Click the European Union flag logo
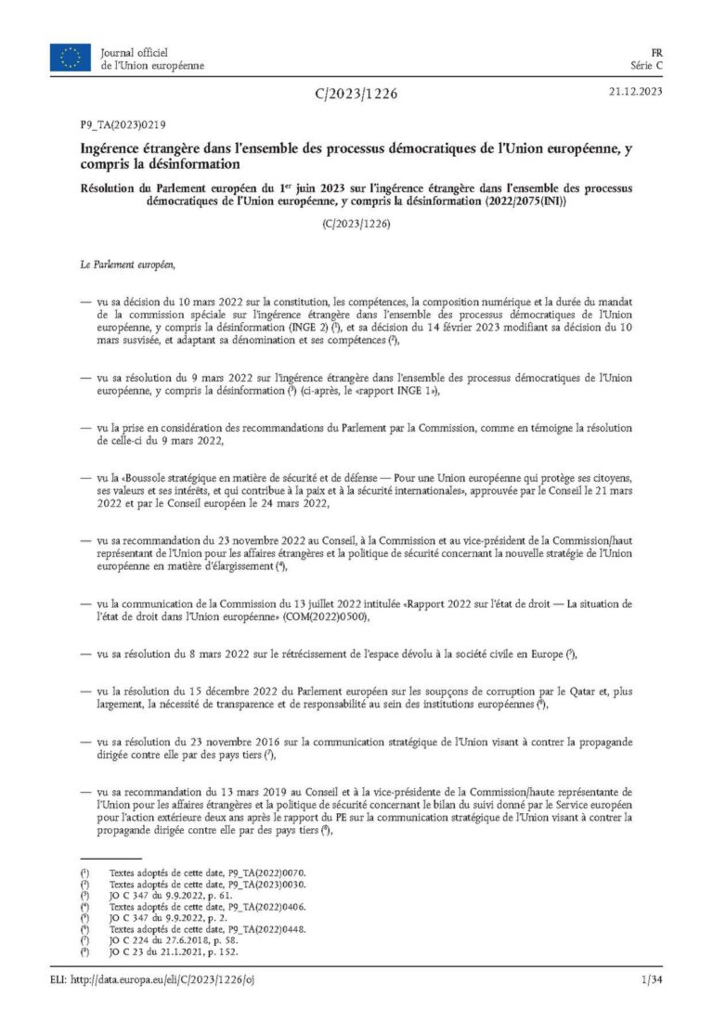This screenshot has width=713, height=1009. (71, 58)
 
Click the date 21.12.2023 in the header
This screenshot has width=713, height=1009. (635, 92)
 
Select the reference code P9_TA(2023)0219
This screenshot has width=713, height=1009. (122, 123)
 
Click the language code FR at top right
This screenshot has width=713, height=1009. (655, 52)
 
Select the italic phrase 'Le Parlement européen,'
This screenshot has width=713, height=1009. (128, 265)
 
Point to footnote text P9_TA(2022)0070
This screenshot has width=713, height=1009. (260, 873)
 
